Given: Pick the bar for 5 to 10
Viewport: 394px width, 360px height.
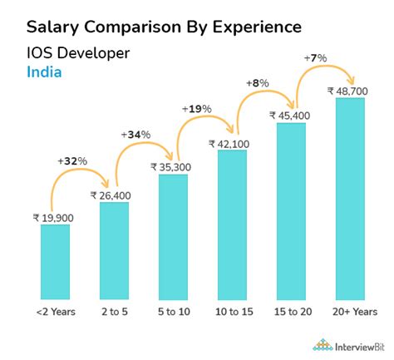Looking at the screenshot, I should click(173, 236).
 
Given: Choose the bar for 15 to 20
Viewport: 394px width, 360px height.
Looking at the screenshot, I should click(291, 210).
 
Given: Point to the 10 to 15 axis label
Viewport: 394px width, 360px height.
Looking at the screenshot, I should click(232, 313).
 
